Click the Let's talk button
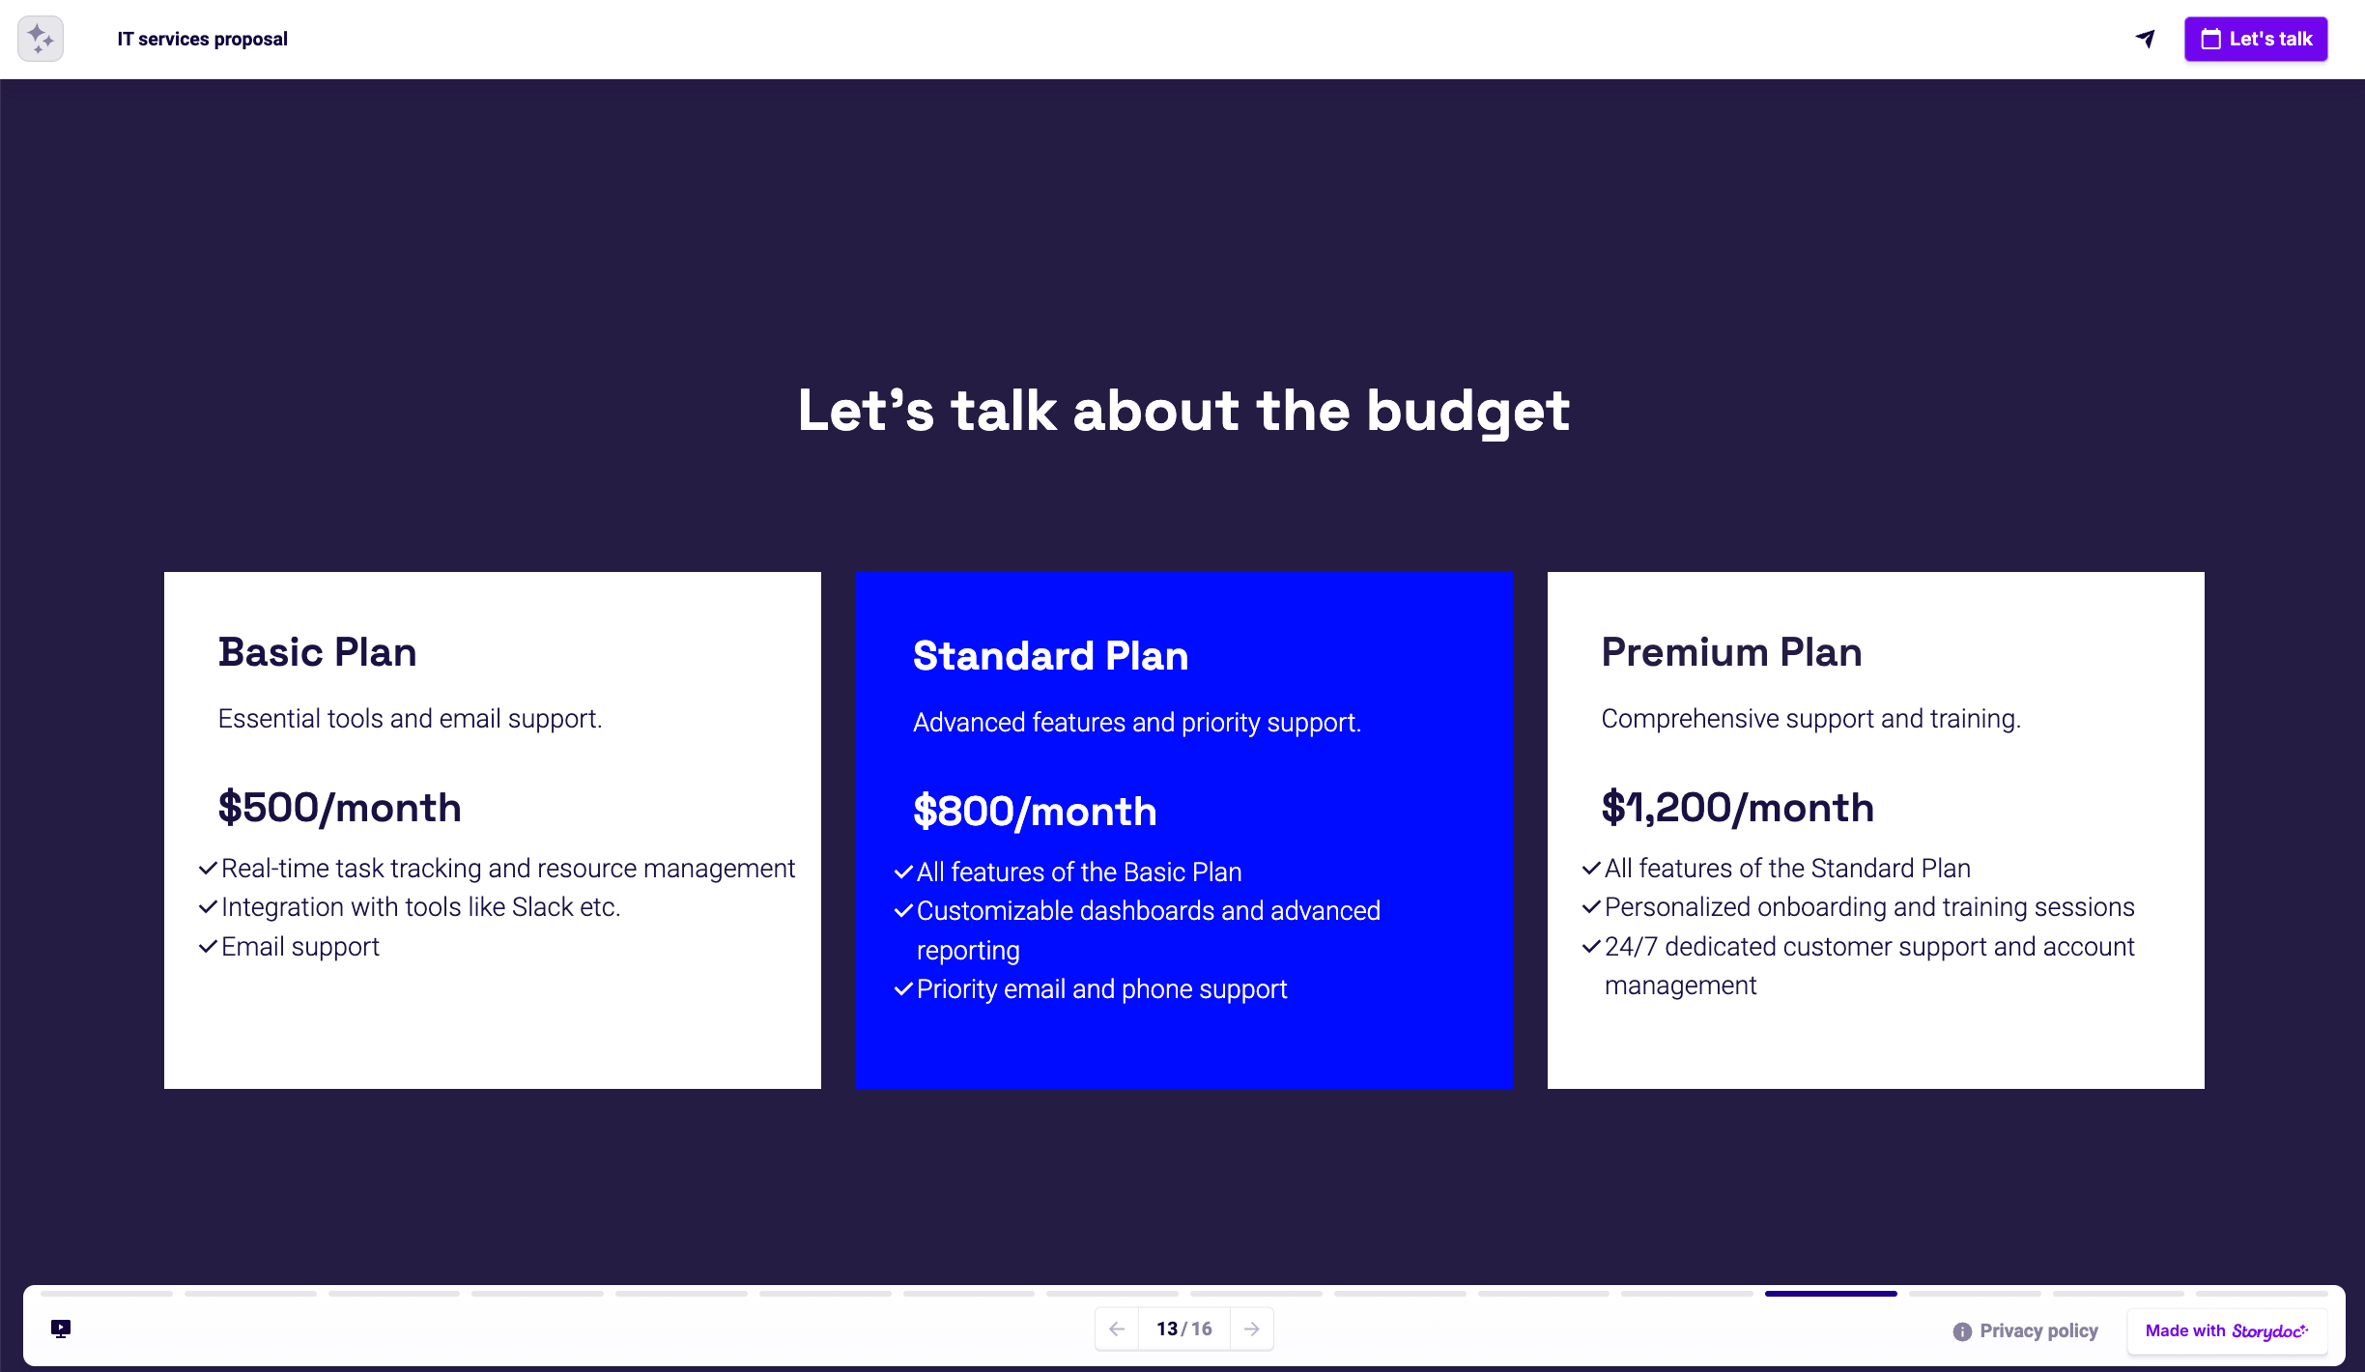(x=2255, y=40)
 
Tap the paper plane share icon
(x=2145, y=39)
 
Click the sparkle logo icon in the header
(x=41, y=39)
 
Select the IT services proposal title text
(x=202, y=40)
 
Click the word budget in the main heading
(x=1467, y=412)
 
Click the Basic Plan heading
(x=317, y=652)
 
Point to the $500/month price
(x=339, y=808)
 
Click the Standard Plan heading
(x=1050, y=656)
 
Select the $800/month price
(x=1034, y=812)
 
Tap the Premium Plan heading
(x=1730, y=652)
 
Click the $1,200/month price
(x=1737, y=808)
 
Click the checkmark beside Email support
(x=207, y=947)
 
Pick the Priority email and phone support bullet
(x=1100, y=989)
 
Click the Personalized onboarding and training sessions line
(x=1868, y=907)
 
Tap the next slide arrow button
(x=1251, y=1329)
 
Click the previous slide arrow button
(x=1117, y=1329)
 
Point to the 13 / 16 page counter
(x=1183, y=1329)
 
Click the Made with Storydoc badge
(x=2226, y=1331)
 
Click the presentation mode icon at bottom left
(x=61, y=1329)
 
